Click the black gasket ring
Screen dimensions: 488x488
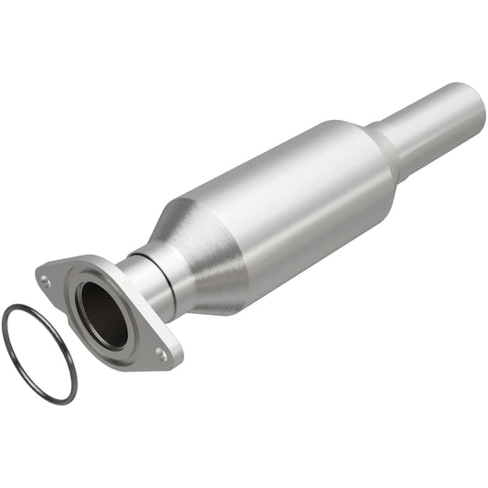click(7, 339)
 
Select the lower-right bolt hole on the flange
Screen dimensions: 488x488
click(161, 352)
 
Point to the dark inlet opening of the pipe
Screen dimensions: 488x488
click(101, 314)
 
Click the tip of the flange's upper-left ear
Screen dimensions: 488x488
click(38, 273)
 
